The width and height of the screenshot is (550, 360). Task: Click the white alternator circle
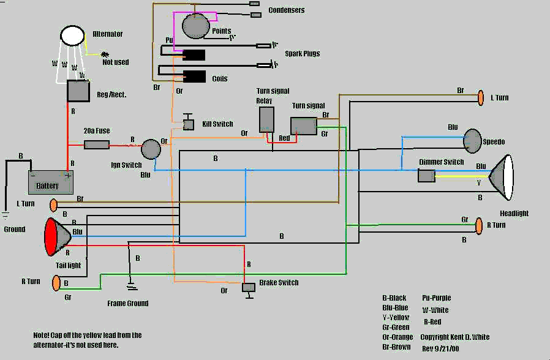tap(72, 36)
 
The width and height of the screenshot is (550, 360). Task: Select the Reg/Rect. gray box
tap(78, 91)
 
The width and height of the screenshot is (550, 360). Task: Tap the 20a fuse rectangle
tap(96, 144)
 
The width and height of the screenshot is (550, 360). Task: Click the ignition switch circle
tap(151, 149)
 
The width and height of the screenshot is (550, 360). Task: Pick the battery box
tap(50, 182)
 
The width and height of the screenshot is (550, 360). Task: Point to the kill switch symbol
tap(189, 122)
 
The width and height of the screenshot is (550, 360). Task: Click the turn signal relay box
tap(266, 120)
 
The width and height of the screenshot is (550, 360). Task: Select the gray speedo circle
tap(472, 141)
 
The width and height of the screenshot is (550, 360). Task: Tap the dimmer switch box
tap(426, 176)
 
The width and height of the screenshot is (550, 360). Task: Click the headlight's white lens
tap(508, 177)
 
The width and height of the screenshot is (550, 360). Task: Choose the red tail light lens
tap(51, 236)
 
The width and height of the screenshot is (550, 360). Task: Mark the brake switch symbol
tap(249, 290)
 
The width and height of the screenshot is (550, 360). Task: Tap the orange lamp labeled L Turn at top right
tap(481, 98)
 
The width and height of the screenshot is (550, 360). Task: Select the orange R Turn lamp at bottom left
tap(56, 283)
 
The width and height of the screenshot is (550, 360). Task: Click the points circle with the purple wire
tap(196, 26)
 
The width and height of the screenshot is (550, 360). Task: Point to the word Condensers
tap(287, 10)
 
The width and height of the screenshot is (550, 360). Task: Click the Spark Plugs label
tap(303, 54)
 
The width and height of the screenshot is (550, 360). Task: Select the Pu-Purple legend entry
tap(436, 298)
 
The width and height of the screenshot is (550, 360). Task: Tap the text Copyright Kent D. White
tap(455, 337)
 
